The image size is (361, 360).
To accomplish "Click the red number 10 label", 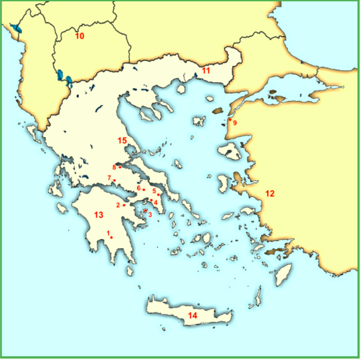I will click(x=80, y=36).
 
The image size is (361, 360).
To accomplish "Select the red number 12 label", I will click(x=269, y=193).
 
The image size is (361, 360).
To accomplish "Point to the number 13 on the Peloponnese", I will click(x=99, y=215).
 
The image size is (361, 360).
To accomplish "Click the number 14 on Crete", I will click(x=192, y=315).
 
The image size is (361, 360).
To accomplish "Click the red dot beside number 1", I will click(x=112, y=237).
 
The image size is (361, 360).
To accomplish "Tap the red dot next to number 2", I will click(x=124, y=205).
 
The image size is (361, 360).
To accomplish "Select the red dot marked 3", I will click(x=145, y=211).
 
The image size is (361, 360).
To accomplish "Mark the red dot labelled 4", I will click(x=151, y=200).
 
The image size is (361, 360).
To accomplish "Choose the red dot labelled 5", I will click(x=158, y=195).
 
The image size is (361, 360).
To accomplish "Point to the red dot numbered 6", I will click(x=144, y=189).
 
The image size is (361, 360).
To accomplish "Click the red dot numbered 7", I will click(x=114, y=180).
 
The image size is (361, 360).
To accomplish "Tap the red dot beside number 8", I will click(x=120, y=167).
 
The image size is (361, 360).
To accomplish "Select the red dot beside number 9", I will click(x=229, y=120).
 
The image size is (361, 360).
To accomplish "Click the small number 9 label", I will click(x=235, y=123).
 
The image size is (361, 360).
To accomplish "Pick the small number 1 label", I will click(x=108, y=233).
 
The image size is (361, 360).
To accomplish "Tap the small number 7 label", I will click(x=109, y=178).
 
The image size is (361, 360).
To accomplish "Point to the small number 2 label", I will click(x=118, y=205).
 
